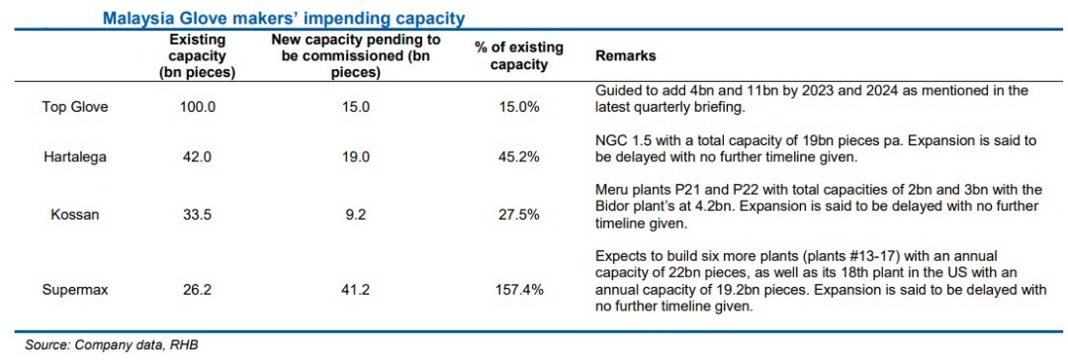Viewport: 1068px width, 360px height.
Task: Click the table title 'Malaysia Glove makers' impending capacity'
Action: pyautogui.click(x=284, y=18)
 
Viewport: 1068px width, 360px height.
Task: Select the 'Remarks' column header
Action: pyautogui.click(x=626, y=56)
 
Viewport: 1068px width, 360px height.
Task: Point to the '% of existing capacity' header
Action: pyautogui.click(x=519, y=56)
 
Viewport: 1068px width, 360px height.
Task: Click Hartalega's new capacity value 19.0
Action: pyautogui.click(x=356, y=157)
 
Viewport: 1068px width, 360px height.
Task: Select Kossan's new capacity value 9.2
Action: pyautogui.click(x=356, y=215)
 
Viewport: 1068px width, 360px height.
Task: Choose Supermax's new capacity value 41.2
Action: pyautogui.click(x=356, y=290)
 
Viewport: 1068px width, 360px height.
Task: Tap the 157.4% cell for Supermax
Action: pyautogui.click(x=519, y=290)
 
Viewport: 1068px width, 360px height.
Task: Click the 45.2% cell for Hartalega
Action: pyautogui.click(x=519, y=157)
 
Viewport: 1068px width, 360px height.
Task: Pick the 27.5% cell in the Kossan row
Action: pyautogui.click(x=519, y=215)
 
